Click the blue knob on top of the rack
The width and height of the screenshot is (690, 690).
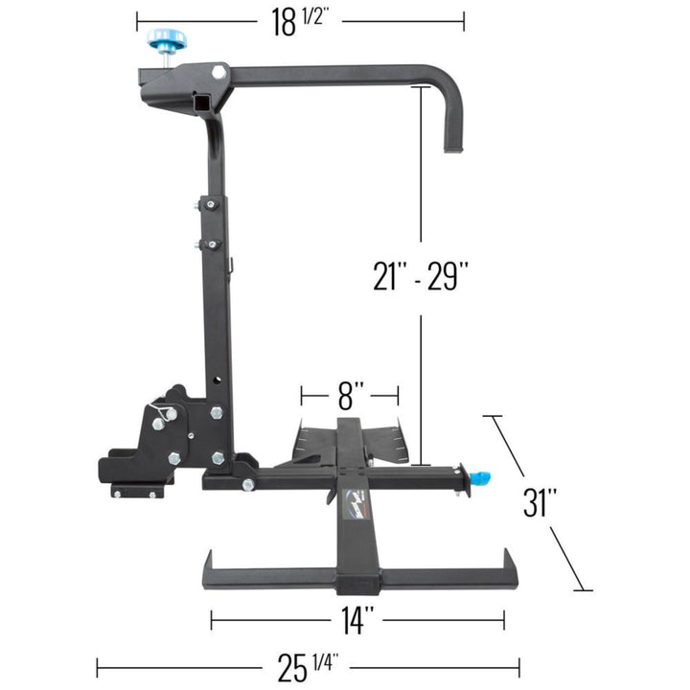pos(167,41)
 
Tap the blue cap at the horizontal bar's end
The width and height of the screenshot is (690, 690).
pos(480,476)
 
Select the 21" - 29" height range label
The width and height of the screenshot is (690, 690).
pos(421,276)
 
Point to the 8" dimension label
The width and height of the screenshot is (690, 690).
pos(351,394)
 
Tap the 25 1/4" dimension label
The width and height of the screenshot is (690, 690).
pos(307,665)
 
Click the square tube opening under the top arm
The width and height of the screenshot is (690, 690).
pos(202,102)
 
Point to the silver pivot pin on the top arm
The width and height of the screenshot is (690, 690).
pos(219,72)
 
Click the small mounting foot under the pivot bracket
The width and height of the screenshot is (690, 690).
pos(136,492)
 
